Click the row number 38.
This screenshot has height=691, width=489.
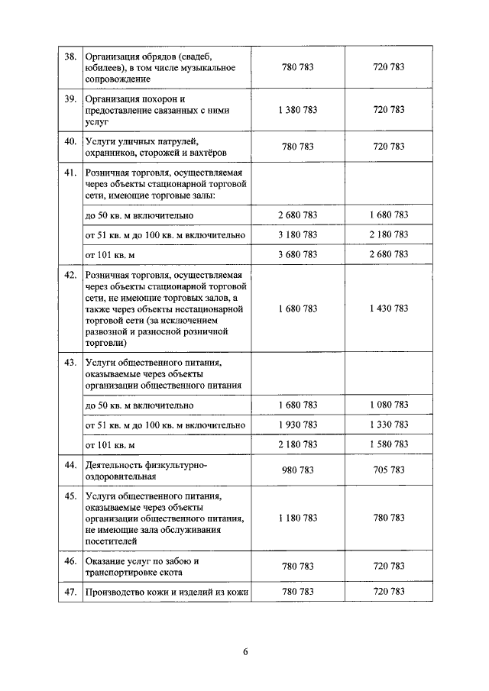[70, 56]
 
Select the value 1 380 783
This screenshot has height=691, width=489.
[298, 110]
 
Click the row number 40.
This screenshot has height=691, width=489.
[70, 141]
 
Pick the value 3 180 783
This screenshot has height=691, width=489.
[298, 234]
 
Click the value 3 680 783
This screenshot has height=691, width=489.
[298, 253]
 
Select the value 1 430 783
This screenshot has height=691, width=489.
[388, 308]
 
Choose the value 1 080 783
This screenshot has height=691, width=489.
[388, 405]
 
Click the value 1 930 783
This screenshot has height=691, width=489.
[298, 425]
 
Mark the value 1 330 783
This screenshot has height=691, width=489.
[388, 425]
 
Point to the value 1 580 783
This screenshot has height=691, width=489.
[388, 444]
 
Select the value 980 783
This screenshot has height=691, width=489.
[298, 470]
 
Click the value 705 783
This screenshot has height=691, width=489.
[388, 470]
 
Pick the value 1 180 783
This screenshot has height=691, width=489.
[298, 518]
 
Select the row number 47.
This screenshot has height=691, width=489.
[70, 592]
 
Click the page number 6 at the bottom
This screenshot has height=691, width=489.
[244, 652]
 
